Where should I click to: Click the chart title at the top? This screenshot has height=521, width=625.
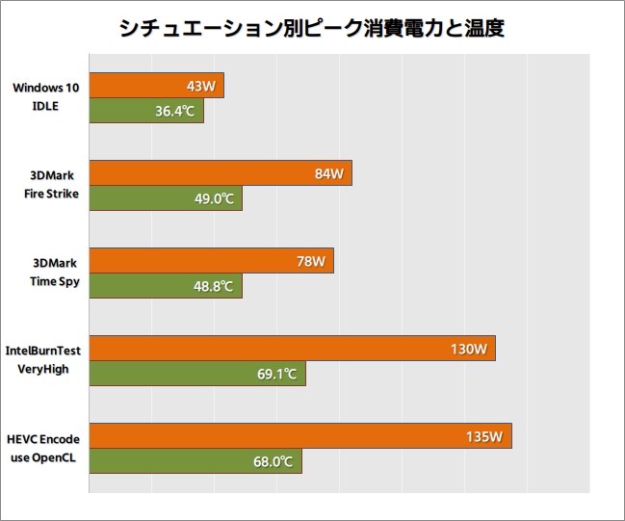pos(312,29)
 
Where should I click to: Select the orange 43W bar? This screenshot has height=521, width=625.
pos(156,86)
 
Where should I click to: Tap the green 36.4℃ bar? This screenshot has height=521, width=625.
pos(146,111)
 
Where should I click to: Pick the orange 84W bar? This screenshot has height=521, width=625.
pos(221,173)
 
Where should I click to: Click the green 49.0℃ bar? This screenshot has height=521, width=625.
pos(166,198)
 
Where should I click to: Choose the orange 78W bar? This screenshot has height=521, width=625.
pos(211,261)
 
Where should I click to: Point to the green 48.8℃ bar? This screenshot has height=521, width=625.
pos(166,286)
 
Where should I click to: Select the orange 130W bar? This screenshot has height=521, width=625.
pos(292,349)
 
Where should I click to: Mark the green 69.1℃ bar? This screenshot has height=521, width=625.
pos(197,374)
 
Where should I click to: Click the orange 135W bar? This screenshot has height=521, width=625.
pos(299,436)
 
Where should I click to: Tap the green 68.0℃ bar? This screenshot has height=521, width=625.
pos(195,461)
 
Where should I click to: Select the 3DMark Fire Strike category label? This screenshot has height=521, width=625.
pos(53,185)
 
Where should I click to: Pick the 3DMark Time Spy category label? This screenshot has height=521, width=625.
pos(54,273)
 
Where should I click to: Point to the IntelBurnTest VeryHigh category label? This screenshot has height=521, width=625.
pos(42,360)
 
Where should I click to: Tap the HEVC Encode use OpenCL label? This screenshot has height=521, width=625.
pos(44,448)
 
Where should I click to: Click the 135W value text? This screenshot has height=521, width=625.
pos(484,436)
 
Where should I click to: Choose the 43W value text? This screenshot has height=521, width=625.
pos(200,86)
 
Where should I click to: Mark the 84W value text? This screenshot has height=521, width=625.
pos(328,173)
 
